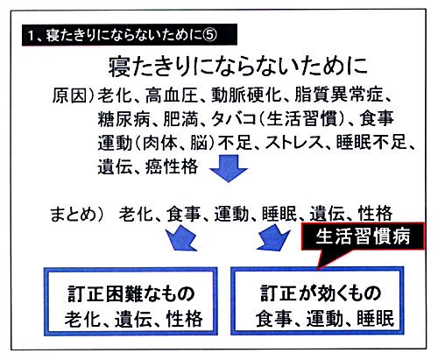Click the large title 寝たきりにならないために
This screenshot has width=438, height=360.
click(238, 67)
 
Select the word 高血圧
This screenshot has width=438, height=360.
click(172, 95)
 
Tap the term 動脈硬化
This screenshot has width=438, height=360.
click(246, 95)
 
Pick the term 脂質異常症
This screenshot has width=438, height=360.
click(338, 95)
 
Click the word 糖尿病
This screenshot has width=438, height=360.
click(124, 118)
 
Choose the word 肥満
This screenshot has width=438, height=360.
click(180, 118)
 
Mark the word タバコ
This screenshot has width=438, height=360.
click(233, 118)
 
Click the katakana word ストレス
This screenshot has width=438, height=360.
click(294, 143)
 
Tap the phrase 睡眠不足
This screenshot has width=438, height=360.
click(371, 143)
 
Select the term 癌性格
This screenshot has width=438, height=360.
click(172, 166)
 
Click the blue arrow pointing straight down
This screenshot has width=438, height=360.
click(229, 169)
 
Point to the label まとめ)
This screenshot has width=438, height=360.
click(77, 214)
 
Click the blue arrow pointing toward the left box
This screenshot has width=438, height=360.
click(181, 238)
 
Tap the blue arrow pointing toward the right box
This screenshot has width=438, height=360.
click(273, 237)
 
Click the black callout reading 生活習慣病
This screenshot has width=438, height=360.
click(363, 236)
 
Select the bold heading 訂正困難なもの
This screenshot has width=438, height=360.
click(131, 293)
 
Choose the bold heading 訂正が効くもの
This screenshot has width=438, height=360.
click(321, 293)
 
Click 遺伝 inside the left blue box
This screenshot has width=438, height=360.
click(133, 319)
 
